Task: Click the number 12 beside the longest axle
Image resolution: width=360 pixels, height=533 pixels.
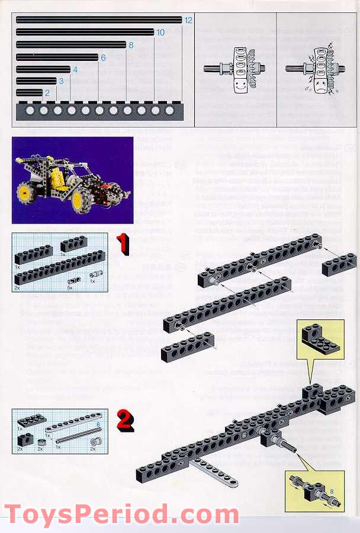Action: point(188,20)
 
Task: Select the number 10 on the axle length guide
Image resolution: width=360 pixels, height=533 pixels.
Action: point(160,33)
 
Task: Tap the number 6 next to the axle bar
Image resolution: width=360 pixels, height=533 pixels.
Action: point(103,58)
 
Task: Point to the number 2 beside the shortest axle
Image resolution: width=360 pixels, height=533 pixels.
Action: point(47,93)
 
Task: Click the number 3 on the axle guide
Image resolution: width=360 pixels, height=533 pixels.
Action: point(61,81)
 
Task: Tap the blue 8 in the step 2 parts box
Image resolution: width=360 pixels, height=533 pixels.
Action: point(97,424)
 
